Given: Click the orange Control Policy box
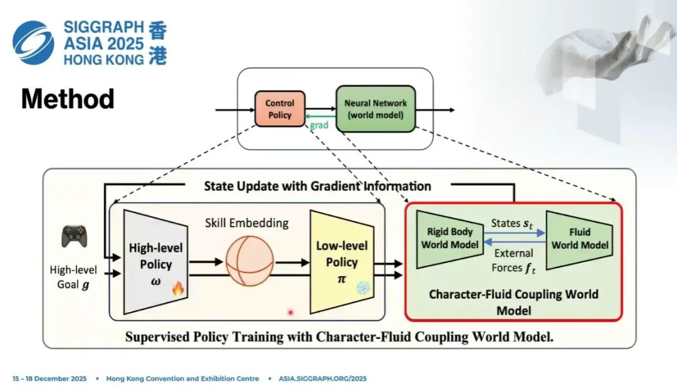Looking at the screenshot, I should [280, 109].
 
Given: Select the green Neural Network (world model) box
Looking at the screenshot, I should [375, 109].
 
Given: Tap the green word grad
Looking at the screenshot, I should [319, 125].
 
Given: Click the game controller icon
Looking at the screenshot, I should [74, 236].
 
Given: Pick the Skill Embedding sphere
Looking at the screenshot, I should [251, 262].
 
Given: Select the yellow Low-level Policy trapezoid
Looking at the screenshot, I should [342, 261].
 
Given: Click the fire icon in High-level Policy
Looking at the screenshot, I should [178, 289].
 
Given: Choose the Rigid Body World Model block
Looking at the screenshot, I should [449, 238].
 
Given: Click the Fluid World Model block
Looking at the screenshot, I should [580, 239].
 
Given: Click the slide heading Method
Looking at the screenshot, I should [68, 99].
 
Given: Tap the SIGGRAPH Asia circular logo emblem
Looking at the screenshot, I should [33, 42].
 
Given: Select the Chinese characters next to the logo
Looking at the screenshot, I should [157, 43].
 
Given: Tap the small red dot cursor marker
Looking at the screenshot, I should [290, 311].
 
